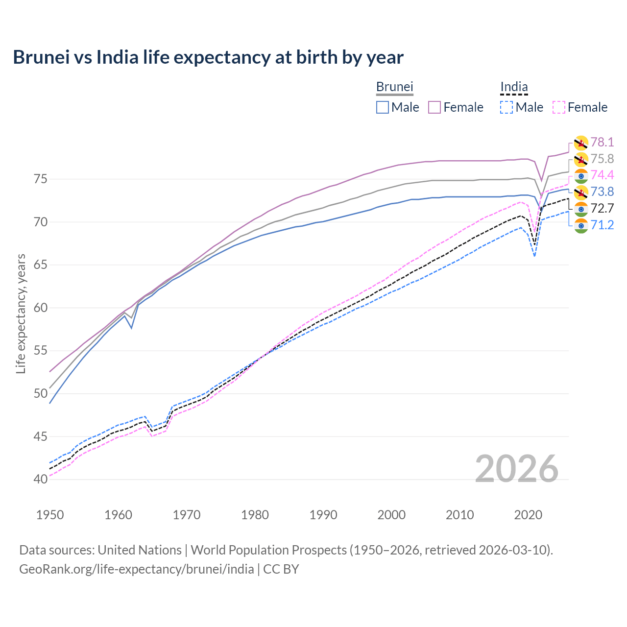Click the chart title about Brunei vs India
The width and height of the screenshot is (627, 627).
tap(208, 57)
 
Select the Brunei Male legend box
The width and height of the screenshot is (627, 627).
tap(383, 107)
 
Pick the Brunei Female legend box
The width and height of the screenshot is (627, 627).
tap(434, 107)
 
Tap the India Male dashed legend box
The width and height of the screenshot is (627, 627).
tap(506, 107)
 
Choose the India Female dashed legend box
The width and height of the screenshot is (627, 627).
tap(559, 107)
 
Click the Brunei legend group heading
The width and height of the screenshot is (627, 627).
tap(394, 87)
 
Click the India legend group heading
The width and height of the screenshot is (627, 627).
tap(514, 87)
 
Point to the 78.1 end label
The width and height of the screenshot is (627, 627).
tap(602, 142)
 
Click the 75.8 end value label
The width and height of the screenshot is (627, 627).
tap(602, 159)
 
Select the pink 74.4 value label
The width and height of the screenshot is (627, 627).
tap(602, 175)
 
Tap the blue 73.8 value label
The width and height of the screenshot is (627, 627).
tap(602, 192)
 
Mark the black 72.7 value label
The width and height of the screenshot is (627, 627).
tap(602, 208)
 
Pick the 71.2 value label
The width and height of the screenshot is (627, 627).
tap(602, 225)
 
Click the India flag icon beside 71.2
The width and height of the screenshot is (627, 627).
tap(581, 225)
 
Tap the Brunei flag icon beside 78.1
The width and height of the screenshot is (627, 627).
tap(581, 143)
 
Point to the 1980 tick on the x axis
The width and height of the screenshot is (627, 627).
tap(255, 515)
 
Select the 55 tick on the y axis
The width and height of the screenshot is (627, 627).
tap(41, 351)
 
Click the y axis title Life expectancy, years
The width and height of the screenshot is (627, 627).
tap(21, 313)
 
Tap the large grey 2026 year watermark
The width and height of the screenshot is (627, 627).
tap(516, 469)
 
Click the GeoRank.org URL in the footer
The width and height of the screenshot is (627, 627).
tap(136, 569)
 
